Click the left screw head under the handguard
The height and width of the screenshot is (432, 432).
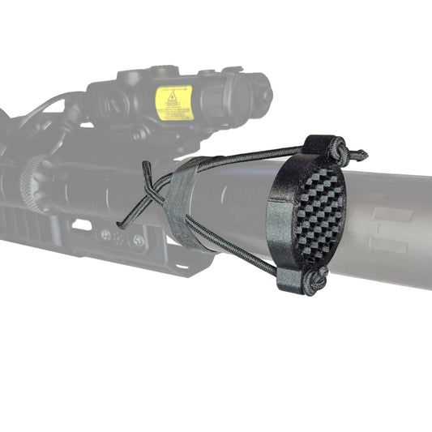coord(105,236)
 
